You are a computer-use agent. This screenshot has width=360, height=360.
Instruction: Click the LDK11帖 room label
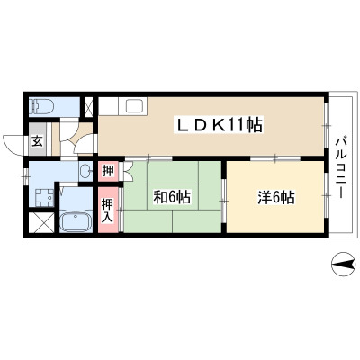pyautogui.click(x=219, y=125)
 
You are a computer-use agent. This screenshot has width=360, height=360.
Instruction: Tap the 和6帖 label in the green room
pyautogui.click(x=172, y=197)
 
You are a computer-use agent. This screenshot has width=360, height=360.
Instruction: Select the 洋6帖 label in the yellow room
pyautogui.click(x=276, y=197)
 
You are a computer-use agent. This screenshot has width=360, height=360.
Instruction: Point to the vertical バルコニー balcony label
pyautogui.click(x=341, y=167)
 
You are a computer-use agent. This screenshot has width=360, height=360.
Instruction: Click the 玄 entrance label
pyautogui.click(x=37, y=141)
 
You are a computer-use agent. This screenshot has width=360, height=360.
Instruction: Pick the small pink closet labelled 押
pyautogui.click(x=108, y=171)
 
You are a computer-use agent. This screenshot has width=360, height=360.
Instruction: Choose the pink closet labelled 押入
pyautogui.click(x=108, y=210)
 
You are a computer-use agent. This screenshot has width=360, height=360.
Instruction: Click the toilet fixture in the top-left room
pyautogui.click(x=41, y=106)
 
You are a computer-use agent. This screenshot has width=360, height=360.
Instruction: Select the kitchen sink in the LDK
pyautogui.click(x=132, y=106)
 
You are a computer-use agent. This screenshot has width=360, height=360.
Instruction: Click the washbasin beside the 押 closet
pyautogui.click(x=85, y=171)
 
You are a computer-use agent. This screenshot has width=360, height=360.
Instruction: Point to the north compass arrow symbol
pyautogui.click(x=343, y=265)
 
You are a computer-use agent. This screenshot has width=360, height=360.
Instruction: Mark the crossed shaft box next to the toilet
pyautogui.click(x=88, y=107)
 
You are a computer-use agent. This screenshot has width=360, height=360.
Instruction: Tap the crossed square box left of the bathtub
pyautogui.click(x=41, y=222)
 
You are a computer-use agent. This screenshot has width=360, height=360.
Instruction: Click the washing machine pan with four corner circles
pyautogui.click(x=44, y=198)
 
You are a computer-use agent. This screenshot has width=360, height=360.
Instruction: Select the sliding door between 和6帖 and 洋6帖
pyautogui.click(x=223, y=201)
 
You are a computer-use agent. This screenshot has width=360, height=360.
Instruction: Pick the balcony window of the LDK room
pyautogui.click(x=327, y=126)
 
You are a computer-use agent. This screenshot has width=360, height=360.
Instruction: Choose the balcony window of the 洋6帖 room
pyautogui.click(x=327, y=195)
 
